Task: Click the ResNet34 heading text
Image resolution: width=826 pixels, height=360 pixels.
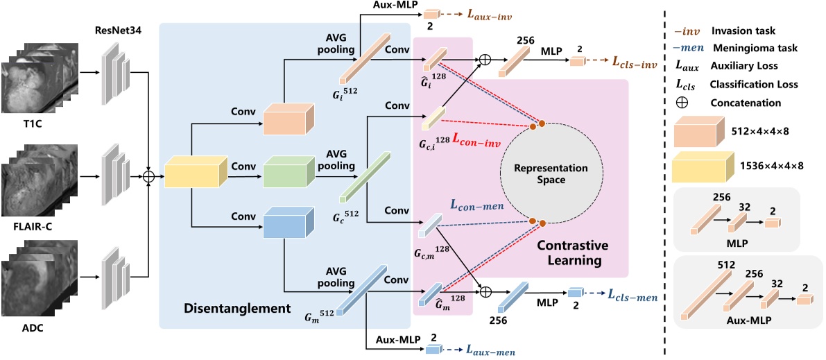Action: [x=116, y=31]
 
